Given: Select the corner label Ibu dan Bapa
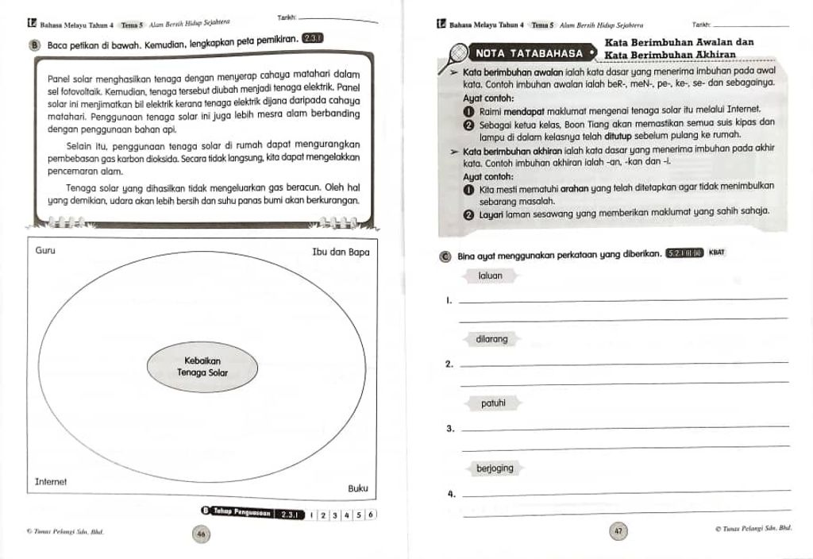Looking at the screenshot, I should pyautogui.click(x=341, y=252).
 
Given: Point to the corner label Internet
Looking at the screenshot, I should pyautogui.click(x=51, y=482).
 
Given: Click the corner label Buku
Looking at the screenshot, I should pyautogui.click(x=358, y=488).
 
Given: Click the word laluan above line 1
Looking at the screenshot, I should pyautogui.click(x=491, y=276).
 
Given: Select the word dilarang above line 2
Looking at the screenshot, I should pyautogui.click(x=491, y=339).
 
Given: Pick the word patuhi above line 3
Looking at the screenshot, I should pyautogui.click(x=493, y=403).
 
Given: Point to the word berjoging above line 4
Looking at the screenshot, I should pyautogui.click(x=495, y=468).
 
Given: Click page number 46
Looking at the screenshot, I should pyautogui.click(x=202, y=535).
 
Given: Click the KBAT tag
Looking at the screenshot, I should pyautogui.click(x=717, y=253).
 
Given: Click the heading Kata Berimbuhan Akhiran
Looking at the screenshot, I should pyautogui.click(x=669, y=55).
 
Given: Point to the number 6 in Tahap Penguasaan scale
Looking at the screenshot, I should pyautogui.click(x=371, y=515).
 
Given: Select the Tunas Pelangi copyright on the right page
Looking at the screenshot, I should pyautogui.click(x=754, y=527).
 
